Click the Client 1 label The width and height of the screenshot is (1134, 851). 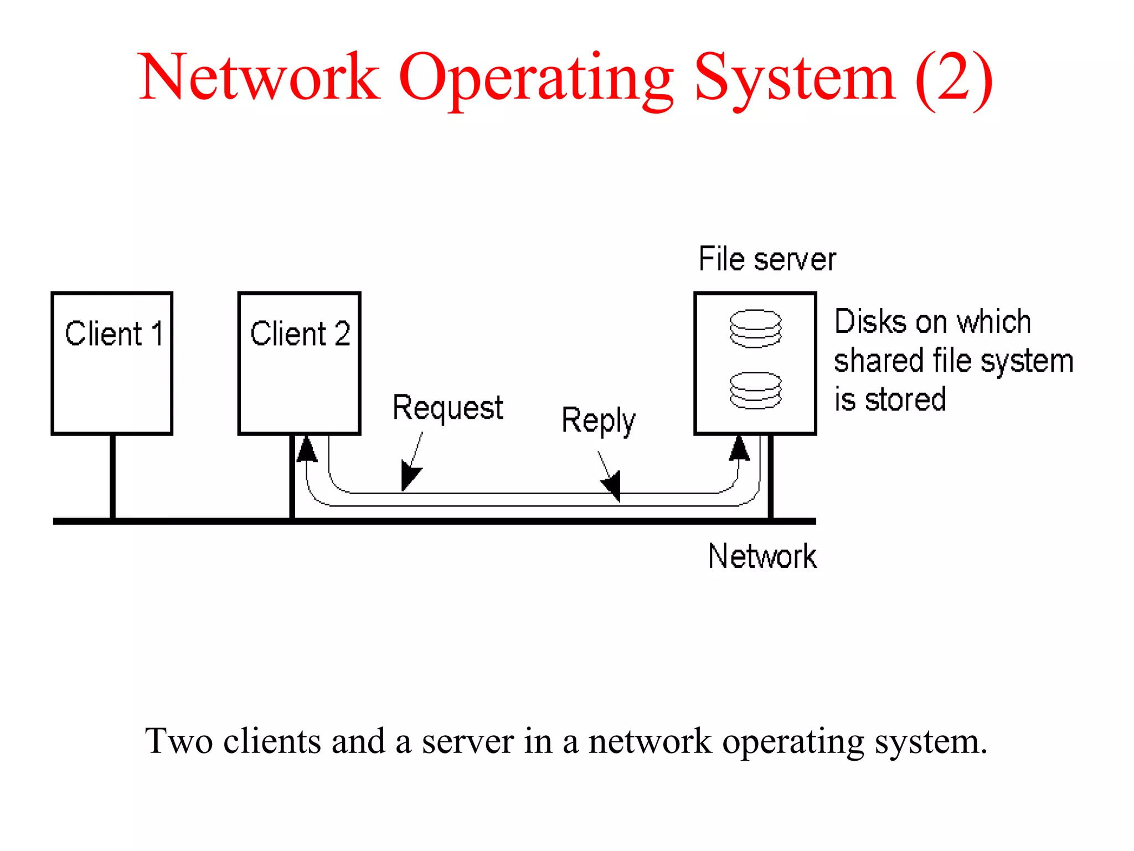114,334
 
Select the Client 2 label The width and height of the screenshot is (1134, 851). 300,334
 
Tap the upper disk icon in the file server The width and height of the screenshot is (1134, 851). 755,329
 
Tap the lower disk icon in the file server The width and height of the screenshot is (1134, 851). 755,391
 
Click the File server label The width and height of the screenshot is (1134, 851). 767,259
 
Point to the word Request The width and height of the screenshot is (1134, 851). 447,408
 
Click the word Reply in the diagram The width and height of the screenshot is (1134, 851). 598,421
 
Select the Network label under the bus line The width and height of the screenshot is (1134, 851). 762,556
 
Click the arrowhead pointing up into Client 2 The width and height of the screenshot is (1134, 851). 307,449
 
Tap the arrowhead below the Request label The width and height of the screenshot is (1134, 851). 410,478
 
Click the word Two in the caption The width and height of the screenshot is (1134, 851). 179,741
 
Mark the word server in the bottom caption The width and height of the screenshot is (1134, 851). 467,741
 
